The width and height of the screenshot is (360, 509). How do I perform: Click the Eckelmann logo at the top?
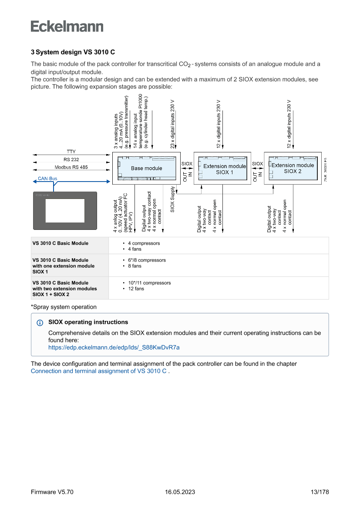(x=67, y=26)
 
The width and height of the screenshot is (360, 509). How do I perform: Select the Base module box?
(x=146, y=168)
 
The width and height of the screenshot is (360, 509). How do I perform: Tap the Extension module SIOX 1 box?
(x=225, y=169)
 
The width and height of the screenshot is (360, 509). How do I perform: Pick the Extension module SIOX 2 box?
(x=293, y=168)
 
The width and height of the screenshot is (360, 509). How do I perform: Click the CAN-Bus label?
(x=47, y=179)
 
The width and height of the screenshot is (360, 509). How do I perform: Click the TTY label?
(x=71, y=152)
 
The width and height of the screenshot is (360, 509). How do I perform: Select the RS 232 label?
(x=71, y=159)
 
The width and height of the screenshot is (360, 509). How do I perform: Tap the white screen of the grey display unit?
(x=65, y=211)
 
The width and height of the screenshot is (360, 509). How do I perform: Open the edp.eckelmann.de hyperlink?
(x=114, y=347)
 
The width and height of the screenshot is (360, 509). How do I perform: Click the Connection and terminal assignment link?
(x=99, y=371)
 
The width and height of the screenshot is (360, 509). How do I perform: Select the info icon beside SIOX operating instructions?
(x=40, y=323)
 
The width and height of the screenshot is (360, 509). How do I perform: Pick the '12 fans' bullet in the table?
(x=136, y=289)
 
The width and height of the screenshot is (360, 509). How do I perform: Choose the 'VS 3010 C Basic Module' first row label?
(x=61, y=243)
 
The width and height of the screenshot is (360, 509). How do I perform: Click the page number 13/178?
(x=320, y=492)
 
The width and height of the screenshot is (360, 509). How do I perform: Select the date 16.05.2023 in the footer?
(x=180, y=492)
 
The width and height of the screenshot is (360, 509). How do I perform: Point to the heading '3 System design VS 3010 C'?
(x=73, y=52)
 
